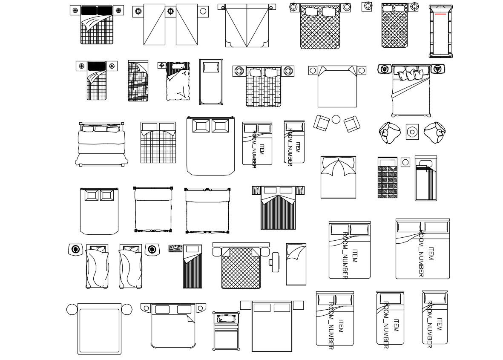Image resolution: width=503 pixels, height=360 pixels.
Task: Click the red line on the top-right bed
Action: pos(441,14)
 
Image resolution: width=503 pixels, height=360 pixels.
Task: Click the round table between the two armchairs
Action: pos(336,119)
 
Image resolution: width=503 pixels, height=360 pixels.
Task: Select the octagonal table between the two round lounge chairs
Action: pos(412,132)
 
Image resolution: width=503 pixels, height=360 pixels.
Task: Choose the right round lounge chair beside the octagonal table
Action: pos(435,132)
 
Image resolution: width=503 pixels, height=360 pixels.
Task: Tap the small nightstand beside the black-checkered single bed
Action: pos(405,162)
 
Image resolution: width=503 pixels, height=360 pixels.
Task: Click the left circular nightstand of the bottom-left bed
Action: pos(72,309)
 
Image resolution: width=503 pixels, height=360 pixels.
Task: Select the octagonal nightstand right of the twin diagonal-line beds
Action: pos(203,11)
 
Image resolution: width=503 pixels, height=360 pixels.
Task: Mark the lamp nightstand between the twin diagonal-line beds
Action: pos(170,12)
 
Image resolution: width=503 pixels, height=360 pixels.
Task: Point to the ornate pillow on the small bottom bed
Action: pos(226,319)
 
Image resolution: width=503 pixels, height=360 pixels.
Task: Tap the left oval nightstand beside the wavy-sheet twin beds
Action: pos(76,249)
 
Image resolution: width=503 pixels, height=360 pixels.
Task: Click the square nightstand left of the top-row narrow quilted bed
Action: pos(367,6)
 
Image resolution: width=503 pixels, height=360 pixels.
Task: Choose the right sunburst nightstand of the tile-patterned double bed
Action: pos(288,71)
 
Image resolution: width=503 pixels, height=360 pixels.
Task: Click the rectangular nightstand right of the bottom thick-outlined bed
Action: pos(298,305)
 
